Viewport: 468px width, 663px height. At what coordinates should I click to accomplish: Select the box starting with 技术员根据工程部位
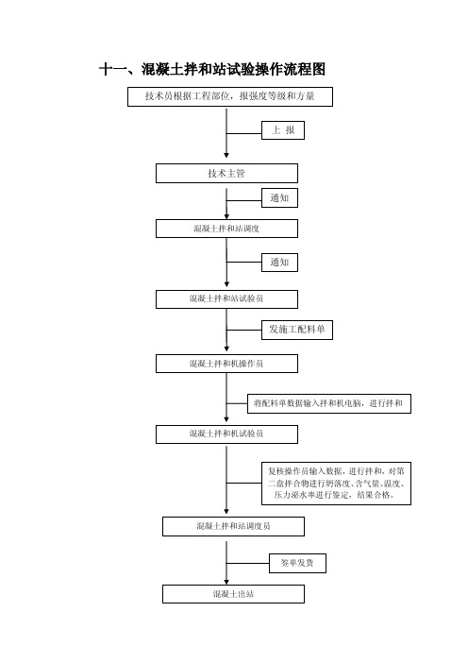[x=230, y=96]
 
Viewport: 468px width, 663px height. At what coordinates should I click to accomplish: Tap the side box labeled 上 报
[x=283, y=130]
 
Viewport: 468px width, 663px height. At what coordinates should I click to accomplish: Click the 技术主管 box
[x=226, y=174]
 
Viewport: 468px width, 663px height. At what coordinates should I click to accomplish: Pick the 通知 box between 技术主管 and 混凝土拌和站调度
[x=279, y=198]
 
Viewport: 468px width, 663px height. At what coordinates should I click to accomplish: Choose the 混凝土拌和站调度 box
[x=226, y=229]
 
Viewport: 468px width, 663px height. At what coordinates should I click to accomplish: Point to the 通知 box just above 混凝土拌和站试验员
[x=279, y=263]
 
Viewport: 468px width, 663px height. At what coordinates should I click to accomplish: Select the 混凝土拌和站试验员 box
[x=226, y=299]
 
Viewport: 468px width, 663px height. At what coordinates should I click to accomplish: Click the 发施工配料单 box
[x=297, y=330]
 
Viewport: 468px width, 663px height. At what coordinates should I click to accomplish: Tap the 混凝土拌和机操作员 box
[x=226, y=364]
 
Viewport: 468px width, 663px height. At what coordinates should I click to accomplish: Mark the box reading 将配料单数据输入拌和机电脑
[x=329, y=403]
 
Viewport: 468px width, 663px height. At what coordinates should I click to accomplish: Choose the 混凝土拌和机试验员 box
[x=226, y=434]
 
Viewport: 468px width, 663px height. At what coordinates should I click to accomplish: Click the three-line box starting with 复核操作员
[x=336, y=484]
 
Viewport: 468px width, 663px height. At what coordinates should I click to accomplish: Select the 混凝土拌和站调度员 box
[x=234, y=526]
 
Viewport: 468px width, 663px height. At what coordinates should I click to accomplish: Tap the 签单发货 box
[x=298, y=563]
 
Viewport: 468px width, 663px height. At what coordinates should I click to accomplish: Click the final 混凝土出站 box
[x=234, y=594]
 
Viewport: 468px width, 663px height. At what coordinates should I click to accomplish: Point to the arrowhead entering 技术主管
[x=226, y=156]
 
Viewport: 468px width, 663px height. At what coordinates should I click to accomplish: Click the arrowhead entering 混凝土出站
[x=226, y=582]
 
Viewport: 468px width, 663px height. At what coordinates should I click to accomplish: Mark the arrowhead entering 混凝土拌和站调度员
[x=226, y=512]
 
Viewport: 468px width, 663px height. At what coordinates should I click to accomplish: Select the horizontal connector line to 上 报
[x=244, y=133]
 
